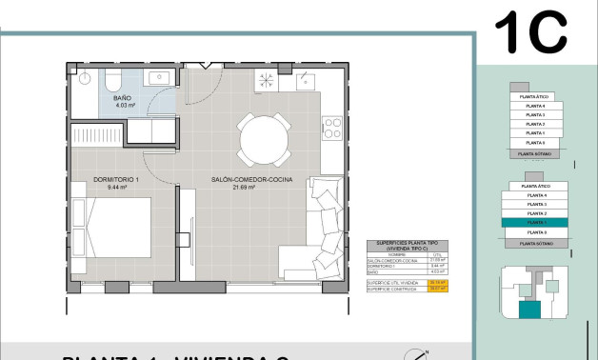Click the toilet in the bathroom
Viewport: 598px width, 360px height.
(x=112, y=77)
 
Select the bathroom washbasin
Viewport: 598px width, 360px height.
(x=158, y=76)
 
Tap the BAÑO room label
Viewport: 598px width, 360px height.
(x=123, y=98)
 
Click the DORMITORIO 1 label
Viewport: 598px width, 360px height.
(x=117, y=179)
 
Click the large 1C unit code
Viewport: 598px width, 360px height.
(x=530, y=34)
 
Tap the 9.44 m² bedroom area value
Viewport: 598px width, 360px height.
(x=116, y=188)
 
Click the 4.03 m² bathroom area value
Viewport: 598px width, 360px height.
(x=123, y=106)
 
